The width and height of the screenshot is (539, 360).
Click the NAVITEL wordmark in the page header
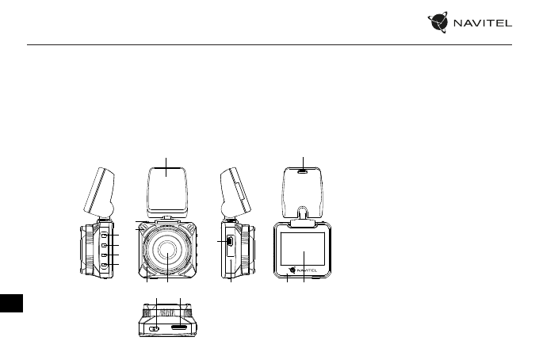point(483,23)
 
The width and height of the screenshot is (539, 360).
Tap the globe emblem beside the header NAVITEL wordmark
point(438,22)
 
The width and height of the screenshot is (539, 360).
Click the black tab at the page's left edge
point(11,303)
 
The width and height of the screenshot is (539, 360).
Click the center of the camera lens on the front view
point(167,250)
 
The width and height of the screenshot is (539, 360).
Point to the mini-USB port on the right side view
point(230,241)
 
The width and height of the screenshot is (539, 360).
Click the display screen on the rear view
point(303,249)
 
